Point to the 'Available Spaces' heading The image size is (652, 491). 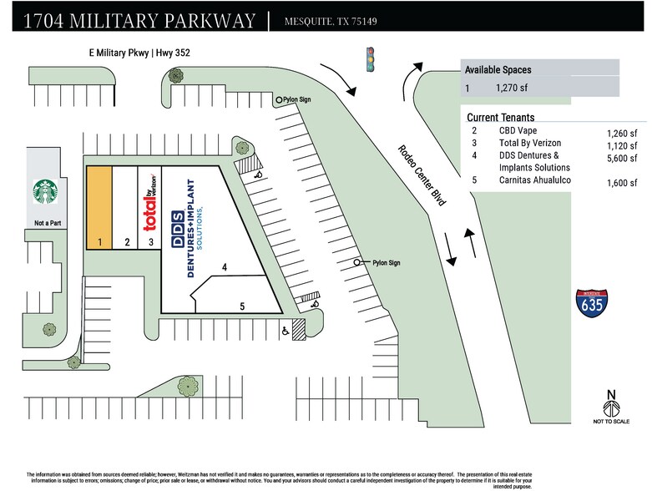[498, 69]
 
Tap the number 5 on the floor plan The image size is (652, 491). [242, 306]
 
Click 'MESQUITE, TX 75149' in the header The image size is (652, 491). [331, 21]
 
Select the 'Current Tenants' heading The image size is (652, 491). [501, 118]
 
